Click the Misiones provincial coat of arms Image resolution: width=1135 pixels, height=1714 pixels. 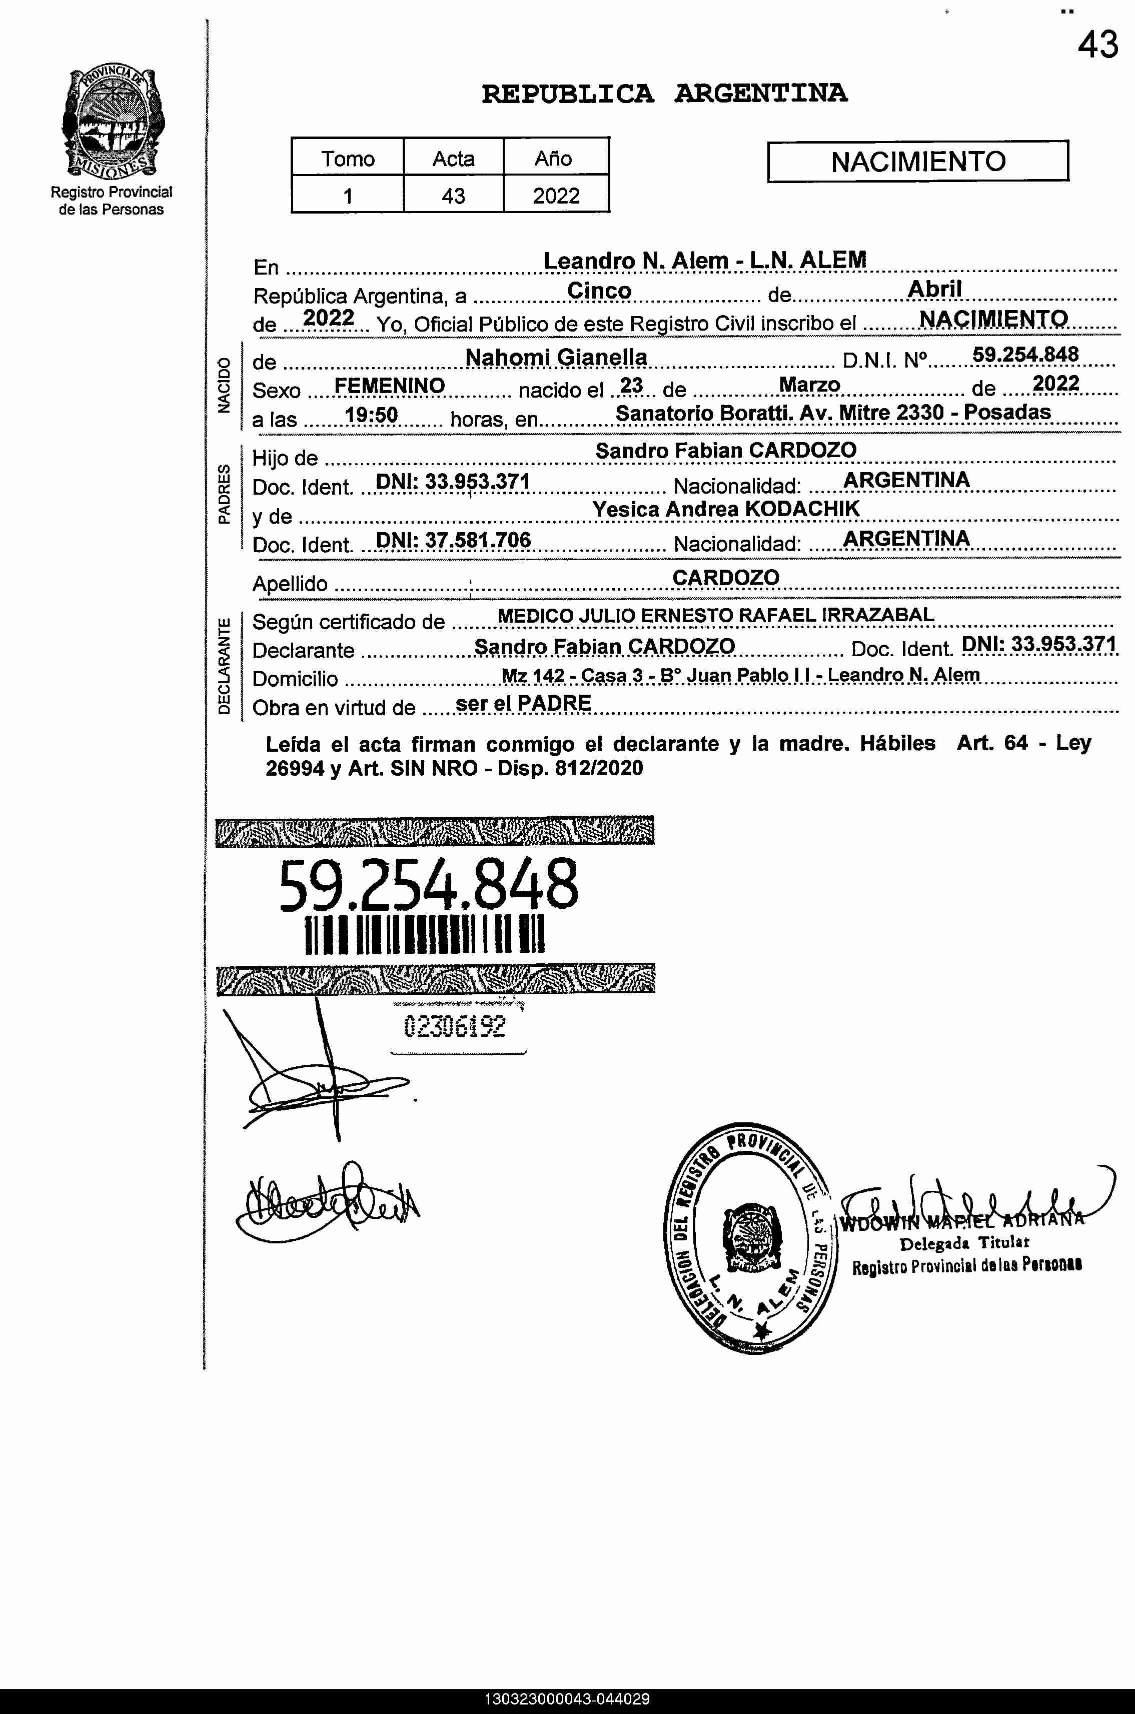coord(112,122)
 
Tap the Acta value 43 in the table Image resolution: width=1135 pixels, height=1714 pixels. coord(453,196)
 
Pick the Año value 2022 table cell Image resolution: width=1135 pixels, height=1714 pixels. coord(556,196)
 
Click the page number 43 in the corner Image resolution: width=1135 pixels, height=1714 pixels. coord(1097,46)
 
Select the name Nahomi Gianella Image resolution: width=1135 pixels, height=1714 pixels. coord(556,357)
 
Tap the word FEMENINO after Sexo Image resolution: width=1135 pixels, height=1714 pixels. coord(390,386)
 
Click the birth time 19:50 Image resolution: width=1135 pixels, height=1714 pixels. coord(371,415)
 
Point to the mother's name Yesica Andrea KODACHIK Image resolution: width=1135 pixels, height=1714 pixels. coord(725,509)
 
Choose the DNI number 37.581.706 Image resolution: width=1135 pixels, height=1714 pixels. coord(454,540)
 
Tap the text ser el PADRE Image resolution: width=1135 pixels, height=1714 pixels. coord(523,703)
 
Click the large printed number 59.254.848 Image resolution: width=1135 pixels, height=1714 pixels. coord(429,884)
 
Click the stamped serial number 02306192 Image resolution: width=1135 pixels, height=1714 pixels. coord(455,1026)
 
